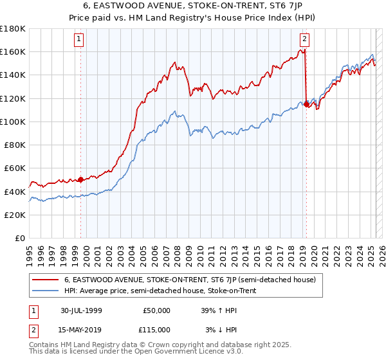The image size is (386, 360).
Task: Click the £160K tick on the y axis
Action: point(13,51)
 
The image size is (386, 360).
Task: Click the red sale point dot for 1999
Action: point(80,179)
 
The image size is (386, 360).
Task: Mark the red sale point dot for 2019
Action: point(306,104)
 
